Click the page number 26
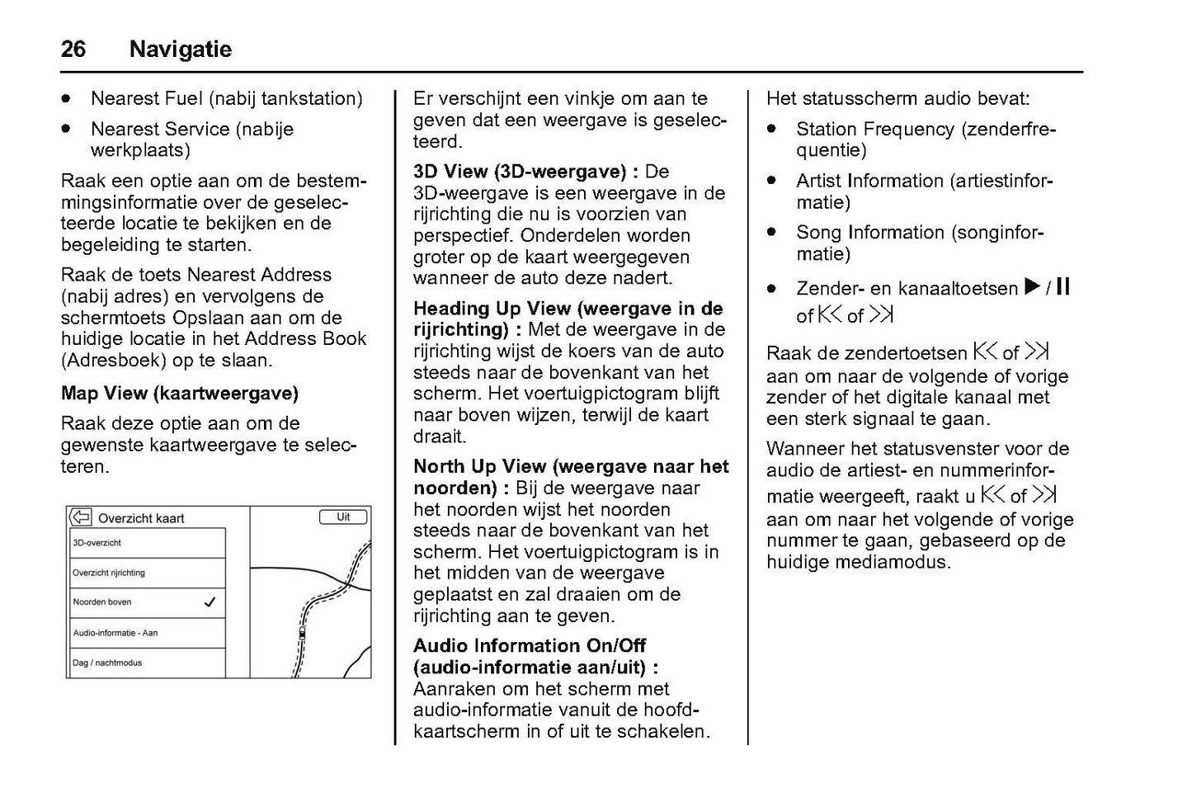[73, 50]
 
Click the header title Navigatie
[180, 50]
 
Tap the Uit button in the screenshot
[343, 517]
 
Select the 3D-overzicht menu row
[147, 543]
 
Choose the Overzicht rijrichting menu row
[147, 573]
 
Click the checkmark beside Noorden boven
[210, 602]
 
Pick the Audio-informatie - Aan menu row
[147, 633]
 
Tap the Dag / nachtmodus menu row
[147, 663]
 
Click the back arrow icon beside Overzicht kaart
[80, 517]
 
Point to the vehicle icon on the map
[302, 634]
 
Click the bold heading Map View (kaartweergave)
[179, 393]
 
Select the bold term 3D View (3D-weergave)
[520, 172]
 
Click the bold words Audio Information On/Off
[529, 645]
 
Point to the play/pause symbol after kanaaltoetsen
[1047, 287]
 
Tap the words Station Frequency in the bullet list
[874, 130]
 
